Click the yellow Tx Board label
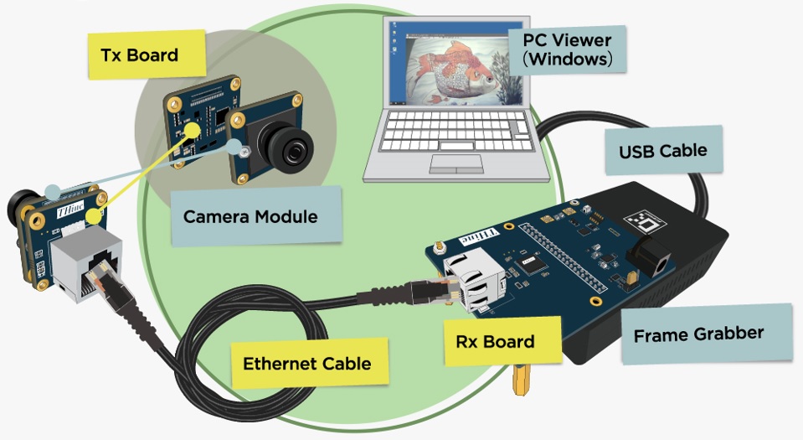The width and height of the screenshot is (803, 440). [x=147, y=54]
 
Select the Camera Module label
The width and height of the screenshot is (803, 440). [x=255, y=216]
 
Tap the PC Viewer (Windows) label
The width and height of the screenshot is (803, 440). [x=567, y=49]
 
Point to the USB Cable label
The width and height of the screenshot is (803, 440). [x=663, y=150]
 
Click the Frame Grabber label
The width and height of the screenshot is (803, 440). [x=706, y=334]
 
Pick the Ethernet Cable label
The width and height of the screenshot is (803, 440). [x=309, y=364]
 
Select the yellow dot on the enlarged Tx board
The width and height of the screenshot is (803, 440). [x=193, y=129]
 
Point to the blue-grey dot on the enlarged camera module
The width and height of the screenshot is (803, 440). [x=234, y=148]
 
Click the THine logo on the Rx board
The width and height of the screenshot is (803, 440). [x=480, y=236]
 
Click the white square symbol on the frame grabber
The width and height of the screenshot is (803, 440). [x=645, y=221]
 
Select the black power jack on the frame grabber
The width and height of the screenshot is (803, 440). [x=649, y=257]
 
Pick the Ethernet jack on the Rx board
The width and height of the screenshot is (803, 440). [x=474, y=282]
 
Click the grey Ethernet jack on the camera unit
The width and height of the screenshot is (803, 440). [x=87, y=263]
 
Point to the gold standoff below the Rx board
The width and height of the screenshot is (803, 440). [x=520, y=380]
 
